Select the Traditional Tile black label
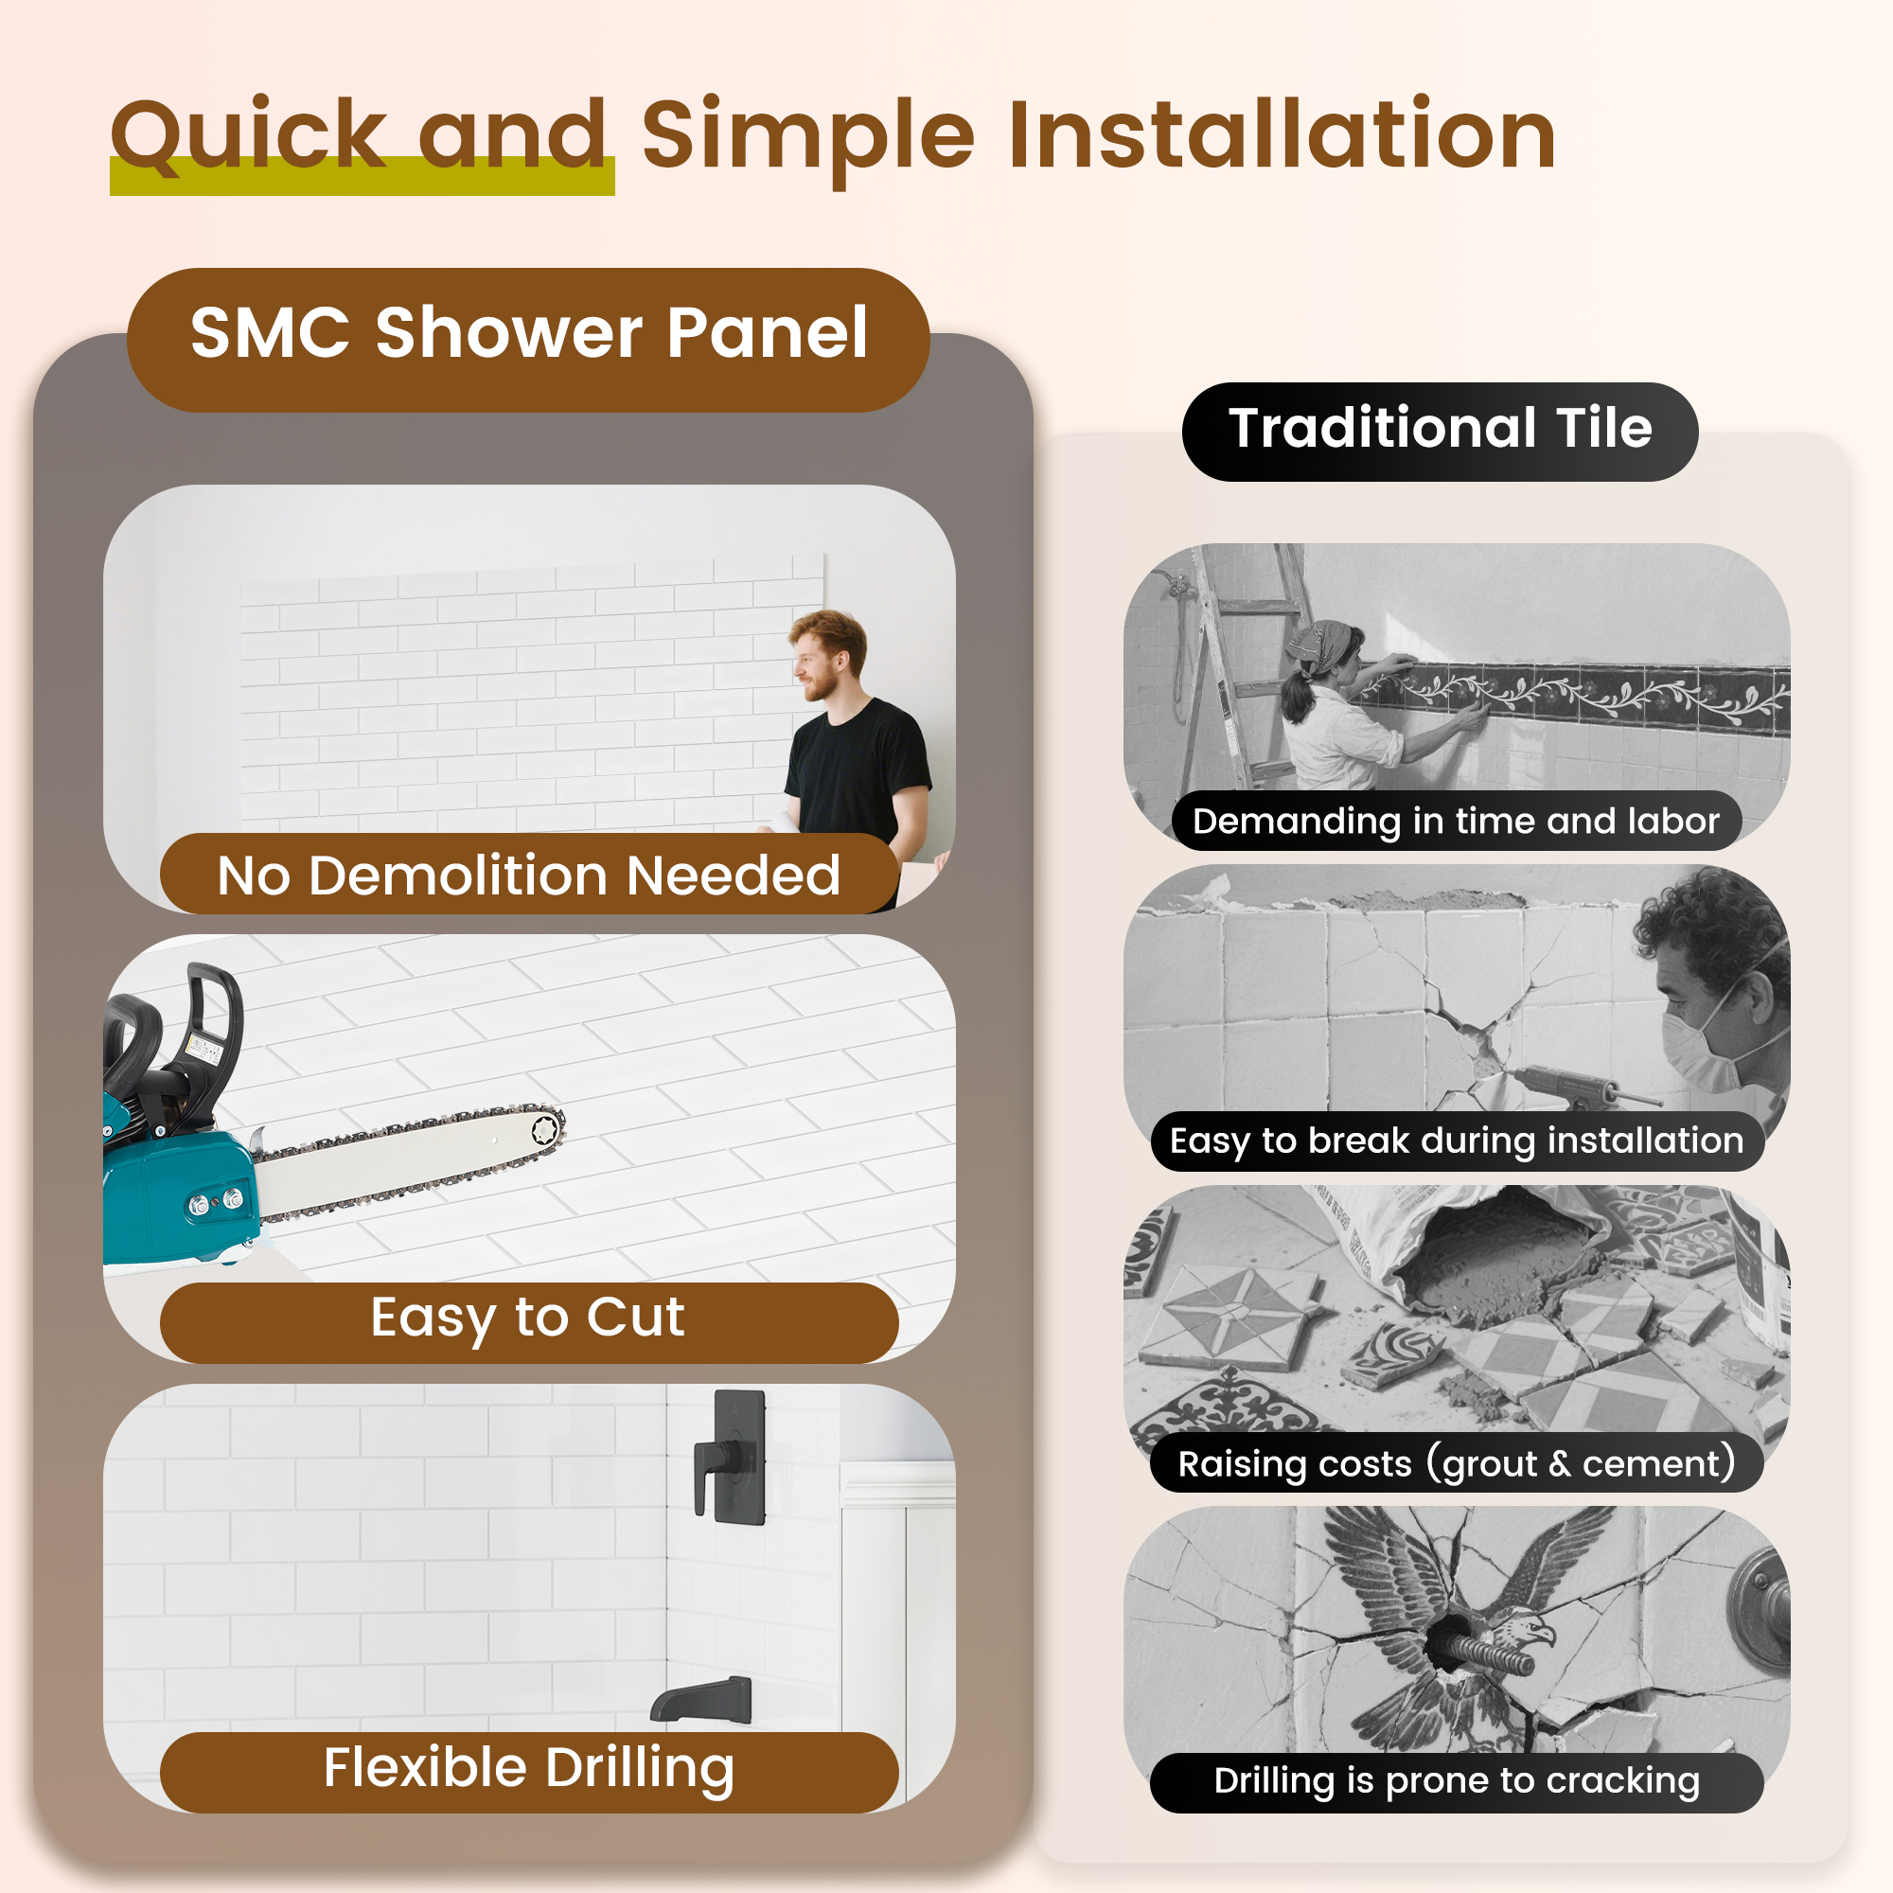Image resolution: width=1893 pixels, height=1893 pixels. click(1440, 430)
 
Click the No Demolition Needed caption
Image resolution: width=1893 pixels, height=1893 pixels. click(528, 875)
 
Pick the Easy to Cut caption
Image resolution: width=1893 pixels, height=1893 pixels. click(528, 1318)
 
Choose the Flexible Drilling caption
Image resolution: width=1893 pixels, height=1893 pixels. click(528, 1769)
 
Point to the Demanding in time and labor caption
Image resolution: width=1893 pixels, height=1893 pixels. click(1455, 821)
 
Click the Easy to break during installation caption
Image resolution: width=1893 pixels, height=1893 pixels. click(1456, 1141)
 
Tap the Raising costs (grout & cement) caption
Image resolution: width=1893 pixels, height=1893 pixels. click(1456, 1464)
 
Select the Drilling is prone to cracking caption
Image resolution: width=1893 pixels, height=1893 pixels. click(1456, 1780)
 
